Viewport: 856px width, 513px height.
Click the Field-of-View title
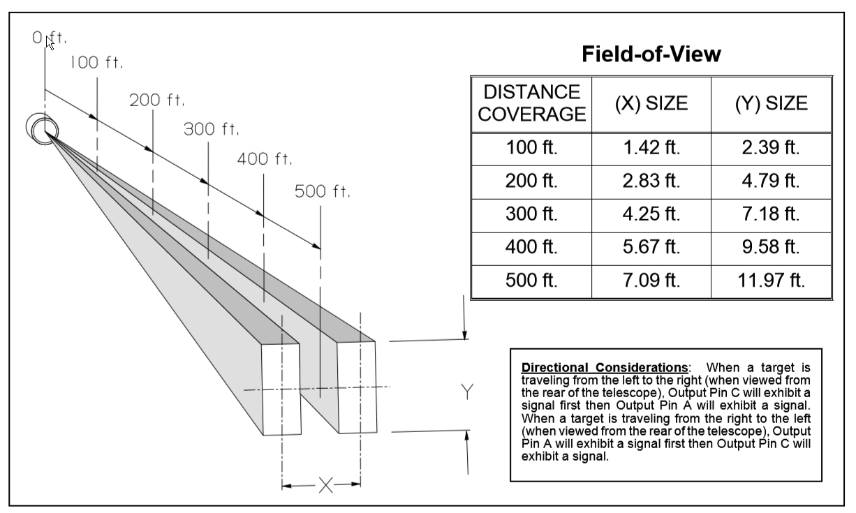[651, 54]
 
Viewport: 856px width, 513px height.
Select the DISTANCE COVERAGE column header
[531, 103]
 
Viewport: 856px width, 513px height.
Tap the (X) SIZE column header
[651, 103]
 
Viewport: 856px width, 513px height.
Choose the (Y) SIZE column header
[771, 103]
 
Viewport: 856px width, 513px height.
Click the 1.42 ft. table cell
[651, 147]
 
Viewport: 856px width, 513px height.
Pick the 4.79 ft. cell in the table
[771, 181]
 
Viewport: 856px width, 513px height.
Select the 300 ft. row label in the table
[531, 214]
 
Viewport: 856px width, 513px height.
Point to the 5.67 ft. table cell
[651, 247]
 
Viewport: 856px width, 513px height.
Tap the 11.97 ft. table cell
[771, 280]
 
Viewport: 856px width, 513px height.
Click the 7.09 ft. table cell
[651, 280]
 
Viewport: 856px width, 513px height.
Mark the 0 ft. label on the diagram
[50, 38]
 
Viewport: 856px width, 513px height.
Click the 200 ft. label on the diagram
[156, 100]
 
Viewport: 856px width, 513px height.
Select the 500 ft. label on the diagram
[322, 191]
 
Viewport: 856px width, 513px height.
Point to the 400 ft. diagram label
[265, 159]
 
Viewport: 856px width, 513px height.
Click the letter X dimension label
[325, 485]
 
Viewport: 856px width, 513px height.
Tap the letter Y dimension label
[467, 392]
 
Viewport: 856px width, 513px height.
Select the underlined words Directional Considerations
[605, 367]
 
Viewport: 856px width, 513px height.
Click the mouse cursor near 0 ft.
[50, 43]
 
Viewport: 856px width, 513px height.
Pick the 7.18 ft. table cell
[771, 214]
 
